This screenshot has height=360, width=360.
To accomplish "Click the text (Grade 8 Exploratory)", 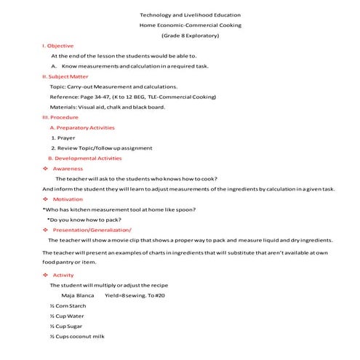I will (x=190, y=35).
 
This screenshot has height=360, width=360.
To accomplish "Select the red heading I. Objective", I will (x=57, y=45).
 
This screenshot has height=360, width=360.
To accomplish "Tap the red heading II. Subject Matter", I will (x=65, y=76).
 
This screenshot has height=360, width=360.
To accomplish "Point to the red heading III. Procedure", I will (x=60, y=116).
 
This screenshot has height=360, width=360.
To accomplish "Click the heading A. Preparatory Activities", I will (x=82, y=127).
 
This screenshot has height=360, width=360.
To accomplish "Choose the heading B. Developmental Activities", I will (x=84, y=158).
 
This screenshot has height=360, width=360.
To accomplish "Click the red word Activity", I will (x=63, y=275).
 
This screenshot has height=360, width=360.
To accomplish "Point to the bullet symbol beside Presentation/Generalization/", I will (x=46, y=229).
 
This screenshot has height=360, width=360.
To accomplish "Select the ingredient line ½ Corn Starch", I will (x=66, y=306).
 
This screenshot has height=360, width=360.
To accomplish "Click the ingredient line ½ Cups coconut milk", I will (x=77, y=337).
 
